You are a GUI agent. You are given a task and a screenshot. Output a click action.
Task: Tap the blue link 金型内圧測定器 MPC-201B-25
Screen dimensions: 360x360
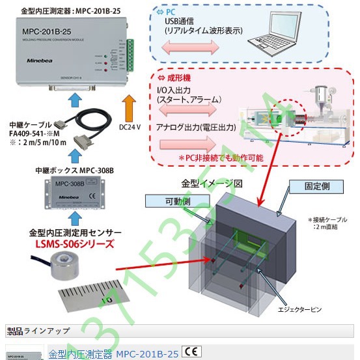(113, 354)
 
